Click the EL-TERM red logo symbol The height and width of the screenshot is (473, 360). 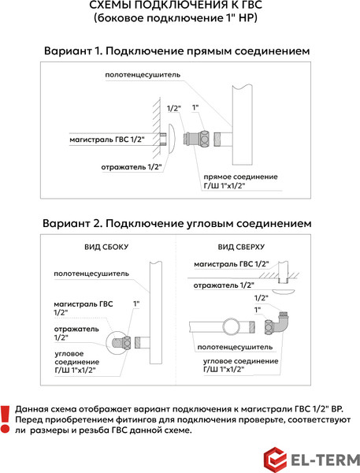point(274,458)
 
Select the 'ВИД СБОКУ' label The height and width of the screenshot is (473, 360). point(106,247)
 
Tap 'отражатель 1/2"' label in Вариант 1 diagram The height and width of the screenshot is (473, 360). point(125,166)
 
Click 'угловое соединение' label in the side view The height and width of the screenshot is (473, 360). point(76,359)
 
